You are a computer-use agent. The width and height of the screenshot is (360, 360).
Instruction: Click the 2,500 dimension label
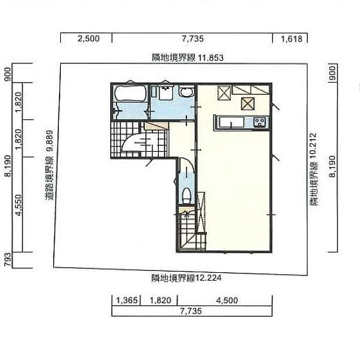[x=88, y=38]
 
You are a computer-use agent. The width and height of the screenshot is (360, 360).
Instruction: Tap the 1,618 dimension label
[x=291, y=39]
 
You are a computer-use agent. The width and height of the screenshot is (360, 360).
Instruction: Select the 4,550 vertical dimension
[x=19, y=205]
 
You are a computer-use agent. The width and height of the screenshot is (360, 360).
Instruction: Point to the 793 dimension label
[x=8, y=259]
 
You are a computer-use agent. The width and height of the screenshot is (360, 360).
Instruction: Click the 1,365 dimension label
[x=127, y=300]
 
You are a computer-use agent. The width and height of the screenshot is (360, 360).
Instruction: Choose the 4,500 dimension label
[x=227, y=300]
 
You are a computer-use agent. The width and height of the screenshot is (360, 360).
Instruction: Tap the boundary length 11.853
[x=211, y=58]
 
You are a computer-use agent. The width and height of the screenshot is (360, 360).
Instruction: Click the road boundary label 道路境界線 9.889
[x=49, y=165]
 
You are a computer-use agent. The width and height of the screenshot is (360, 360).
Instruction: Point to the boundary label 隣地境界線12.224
[x=186, y=278]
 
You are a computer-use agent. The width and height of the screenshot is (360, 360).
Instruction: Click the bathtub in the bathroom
[x=131, y=94]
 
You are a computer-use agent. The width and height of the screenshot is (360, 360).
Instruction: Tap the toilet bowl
[x=186, y=195]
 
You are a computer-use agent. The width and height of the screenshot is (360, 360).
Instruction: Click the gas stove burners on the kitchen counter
[x=259, y=122]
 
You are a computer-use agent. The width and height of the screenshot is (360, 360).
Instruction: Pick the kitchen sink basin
[x=231, y=122]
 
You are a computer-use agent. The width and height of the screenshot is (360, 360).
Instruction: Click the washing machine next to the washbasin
[x=165, y=93]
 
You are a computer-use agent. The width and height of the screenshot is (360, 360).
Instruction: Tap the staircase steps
[x=192, y=231]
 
